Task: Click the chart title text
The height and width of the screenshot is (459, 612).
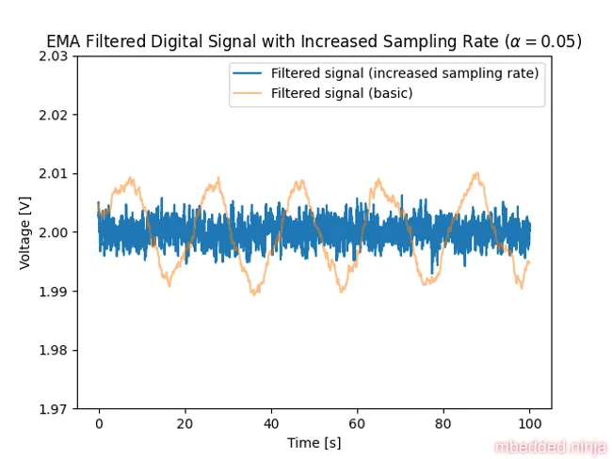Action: pos(314,41)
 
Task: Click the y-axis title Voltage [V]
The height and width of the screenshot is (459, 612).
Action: pos(25,232)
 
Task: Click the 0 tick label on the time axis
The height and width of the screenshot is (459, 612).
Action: pos(99,424)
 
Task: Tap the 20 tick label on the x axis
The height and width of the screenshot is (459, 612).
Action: pos(185,424)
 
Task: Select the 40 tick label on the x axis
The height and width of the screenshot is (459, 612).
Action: pos(271,424)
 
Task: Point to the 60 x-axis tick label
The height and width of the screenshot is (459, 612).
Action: pos(358,424)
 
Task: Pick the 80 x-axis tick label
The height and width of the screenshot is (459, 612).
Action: pos(443,424)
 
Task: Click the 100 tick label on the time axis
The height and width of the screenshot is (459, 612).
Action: pos(530,424)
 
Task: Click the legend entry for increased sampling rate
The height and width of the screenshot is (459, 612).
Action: pos(404,74)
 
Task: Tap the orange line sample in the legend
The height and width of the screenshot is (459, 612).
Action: pos(250,93)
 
